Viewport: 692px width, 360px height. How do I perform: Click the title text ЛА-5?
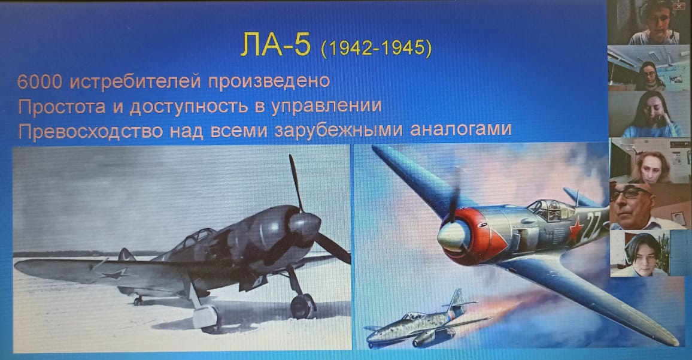276,45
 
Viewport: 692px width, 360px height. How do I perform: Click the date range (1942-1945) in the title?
377,49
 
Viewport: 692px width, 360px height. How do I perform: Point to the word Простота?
62,107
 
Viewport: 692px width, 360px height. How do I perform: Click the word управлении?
326,107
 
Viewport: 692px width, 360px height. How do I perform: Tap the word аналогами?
461,129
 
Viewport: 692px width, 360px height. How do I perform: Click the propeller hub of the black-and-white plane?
305,224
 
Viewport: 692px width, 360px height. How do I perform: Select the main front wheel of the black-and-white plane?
303,305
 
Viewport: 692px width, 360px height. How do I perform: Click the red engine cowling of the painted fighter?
479,237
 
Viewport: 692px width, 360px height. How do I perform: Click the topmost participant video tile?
649,22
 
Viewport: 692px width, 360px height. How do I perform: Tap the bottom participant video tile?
640,253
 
